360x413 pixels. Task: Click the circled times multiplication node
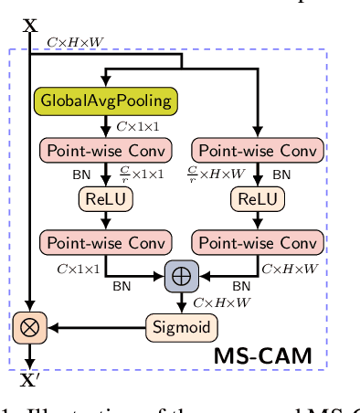click(30, 326)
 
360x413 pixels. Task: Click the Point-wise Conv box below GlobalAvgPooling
click(107, 149)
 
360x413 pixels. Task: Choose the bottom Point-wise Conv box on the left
click(107, 241)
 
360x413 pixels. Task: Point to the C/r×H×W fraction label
click(216, 174)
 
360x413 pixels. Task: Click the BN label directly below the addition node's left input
click(122, 286)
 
